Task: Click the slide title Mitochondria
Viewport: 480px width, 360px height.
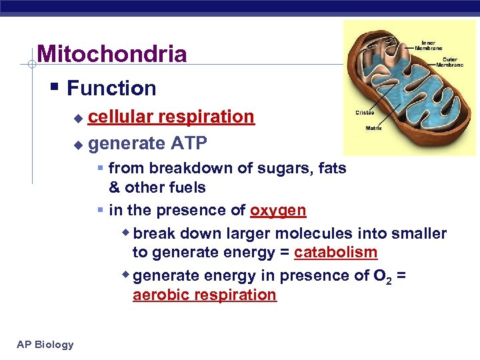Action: pyautogui.click(x=112, y=54)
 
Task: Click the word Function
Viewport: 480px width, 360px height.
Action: pyautogui.click(x=111, y=88)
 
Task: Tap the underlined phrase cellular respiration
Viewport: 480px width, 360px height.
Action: pyautogui.click(x=171, y=117)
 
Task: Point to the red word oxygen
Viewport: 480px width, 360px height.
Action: pyautogui.click(x=278, y=211)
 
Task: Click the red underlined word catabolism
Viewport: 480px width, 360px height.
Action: pyautogui.click(x=335, y=253)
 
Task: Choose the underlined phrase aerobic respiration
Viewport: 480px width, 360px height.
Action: pyautogui.click(x=204, y=295)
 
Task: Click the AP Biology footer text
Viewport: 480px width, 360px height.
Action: pyautogui.click(x=46, y=344)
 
